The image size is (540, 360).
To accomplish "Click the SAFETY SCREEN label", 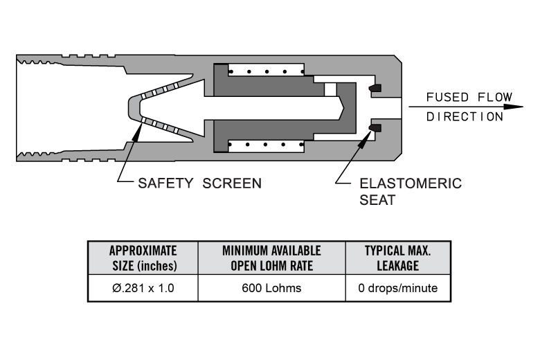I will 199,183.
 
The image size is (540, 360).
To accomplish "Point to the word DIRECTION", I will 464,116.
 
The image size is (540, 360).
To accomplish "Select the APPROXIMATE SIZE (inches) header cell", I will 143,258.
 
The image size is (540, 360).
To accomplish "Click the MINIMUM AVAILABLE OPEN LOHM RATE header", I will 271,258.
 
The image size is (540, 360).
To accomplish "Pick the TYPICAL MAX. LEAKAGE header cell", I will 397,258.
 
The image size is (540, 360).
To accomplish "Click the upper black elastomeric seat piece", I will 375,89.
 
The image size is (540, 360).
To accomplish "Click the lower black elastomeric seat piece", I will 375,127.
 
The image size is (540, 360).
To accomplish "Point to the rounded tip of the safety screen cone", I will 132,107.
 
